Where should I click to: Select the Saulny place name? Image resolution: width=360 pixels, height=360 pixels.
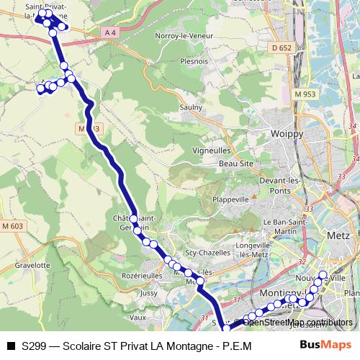[x=191, y=107]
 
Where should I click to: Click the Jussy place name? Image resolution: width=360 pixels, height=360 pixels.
[x=150, y=294]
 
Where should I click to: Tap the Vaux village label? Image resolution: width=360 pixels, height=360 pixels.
[x=139, y=317]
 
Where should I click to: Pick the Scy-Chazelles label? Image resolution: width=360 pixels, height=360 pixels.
[x=206, y=253]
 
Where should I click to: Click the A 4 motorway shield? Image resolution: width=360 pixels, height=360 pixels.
[x=109, y=32]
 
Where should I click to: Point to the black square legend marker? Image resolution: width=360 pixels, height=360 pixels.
[x=10, y=346]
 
